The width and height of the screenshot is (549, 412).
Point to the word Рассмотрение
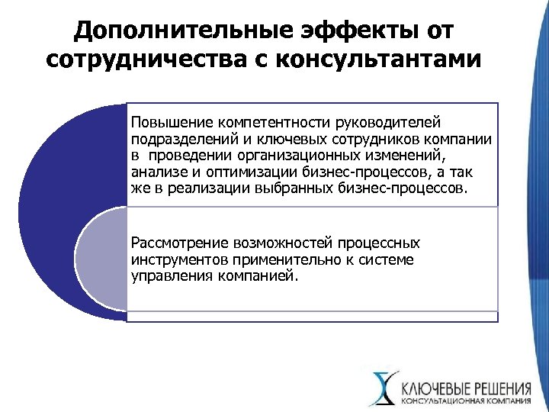(180, 244)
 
